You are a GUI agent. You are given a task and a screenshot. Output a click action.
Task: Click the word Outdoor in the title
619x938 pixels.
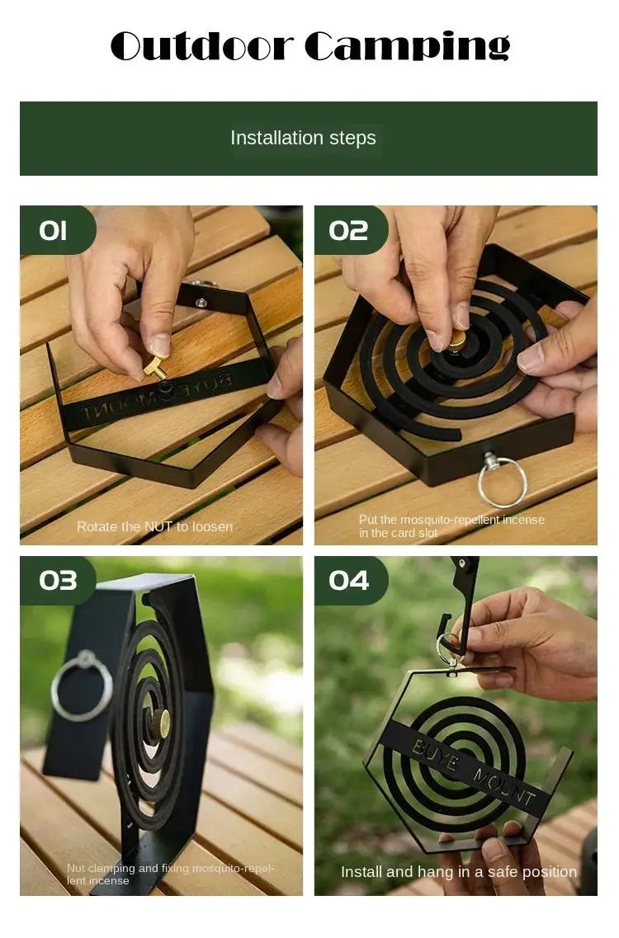click(202, 47)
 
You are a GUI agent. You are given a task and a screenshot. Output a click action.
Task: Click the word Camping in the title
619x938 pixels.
click(407, 47)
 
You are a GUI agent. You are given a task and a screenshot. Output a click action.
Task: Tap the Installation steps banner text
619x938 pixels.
click(303, 139)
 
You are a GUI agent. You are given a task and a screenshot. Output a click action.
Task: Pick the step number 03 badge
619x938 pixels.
click(58, 580)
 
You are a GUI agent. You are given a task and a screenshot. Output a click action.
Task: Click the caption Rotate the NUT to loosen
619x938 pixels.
click(154, 526)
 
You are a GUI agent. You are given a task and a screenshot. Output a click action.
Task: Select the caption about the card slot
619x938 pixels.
click(451, 526)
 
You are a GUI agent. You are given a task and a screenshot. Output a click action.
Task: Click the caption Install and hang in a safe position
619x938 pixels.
click(459, 872)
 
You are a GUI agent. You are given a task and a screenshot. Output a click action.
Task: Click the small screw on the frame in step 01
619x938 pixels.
click(201, 301)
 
